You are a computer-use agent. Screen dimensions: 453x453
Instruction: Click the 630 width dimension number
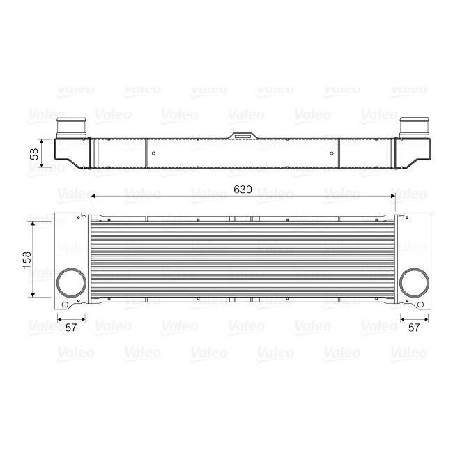(243, 190)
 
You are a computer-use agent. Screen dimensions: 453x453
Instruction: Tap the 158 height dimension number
(26, 259)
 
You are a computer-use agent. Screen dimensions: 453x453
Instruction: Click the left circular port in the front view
(70, 283)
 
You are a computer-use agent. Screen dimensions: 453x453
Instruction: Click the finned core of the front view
(243, 258)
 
